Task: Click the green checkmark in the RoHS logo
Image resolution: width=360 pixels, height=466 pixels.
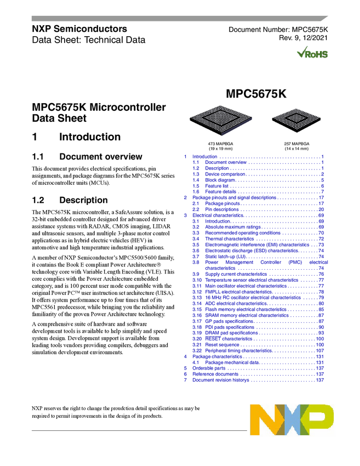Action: pyautogui.click(x=301, y=53)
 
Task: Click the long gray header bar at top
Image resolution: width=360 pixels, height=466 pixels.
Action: pyautogui.click(x=175, y=19)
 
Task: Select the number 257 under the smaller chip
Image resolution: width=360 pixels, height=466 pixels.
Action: pyautogui.click(x=288, y=144)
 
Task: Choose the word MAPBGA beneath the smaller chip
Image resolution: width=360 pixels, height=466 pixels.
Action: pyautogui.click(x=301, y=144)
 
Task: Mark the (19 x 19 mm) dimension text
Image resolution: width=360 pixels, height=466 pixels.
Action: pyautogui.click(x=220, y=149)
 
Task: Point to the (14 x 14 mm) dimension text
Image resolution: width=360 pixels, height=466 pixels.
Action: pyautogui.click(x=296, y=149)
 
